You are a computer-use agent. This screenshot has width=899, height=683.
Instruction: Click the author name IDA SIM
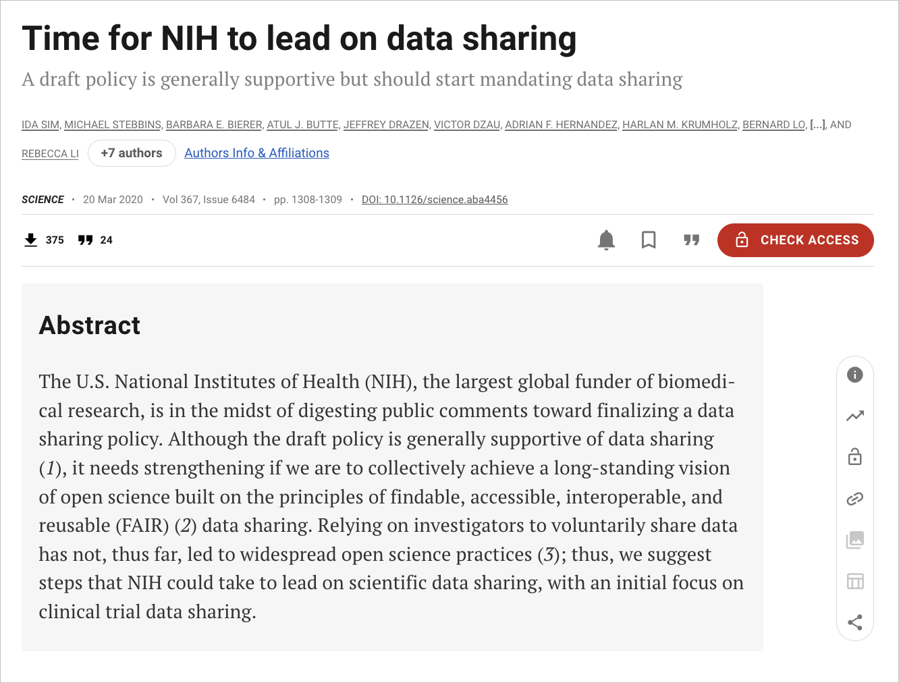[40, 125]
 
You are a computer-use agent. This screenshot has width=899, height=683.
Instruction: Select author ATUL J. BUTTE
[302, 125]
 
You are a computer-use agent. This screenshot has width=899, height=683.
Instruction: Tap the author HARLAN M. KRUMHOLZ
[680, 125]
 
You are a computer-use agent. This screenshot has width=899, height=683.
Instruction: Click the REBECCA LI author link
[50, 154]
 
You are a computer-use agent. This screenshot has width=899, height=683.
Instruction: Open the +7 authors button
[132, 153]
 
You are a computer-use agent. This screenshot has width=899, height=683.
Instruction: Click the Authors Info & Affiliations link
[256, 153]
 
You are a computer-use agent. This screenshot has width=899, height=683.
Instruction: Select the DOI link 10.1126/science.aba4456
[435, 200]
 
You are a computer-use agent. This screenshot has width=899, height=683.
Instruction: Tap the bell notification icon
[606, 240]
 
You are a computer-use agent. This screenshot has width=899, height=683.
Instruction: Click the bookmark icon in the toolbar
[649, 240]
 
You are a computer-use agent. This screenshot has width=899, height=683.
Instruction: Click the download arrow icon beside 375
[31, 240]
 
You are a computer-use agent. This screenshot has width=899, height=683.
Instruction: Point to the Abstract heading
[90, 325]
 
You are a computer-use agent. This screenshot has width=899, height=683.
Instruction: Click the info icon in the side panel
[854, 375]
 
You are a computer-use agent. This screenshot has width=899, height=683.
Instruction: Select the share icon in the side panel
[854, 622]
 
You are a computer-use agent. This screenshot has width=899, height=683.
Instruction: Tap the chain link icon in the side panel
[854, 499]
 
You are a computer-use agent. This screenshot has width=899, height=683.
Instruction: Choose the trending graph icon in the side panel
[854, 416]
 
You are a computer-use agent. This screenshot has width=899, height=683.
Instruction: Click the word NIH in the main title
[189, 38]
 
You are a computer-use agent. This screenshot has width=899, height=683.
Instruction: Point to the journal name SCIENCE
[43, 200]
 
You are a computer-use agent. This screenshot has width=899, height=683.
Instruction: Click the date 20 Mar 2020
[113, 200]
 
